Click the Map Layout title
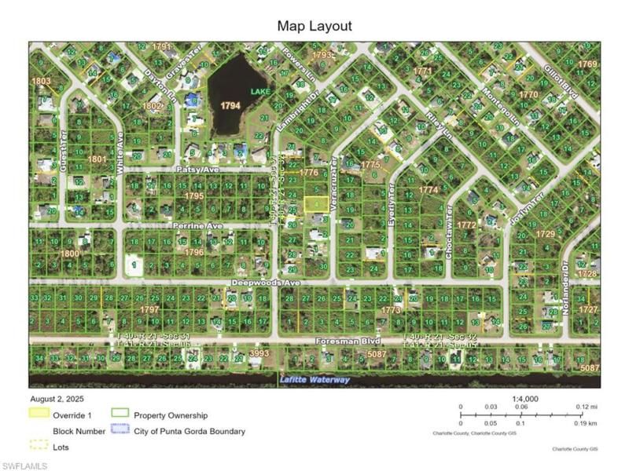314,26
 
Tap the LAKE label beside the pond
259,92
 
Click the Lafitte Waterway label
314,381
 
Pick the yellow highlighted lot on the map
316,203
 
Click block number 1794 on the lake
230,105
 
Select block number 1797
149,311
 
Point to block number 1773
391,311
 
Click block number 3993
259,354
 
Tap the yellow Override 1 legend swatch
39,414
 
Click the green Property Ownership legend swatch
120,414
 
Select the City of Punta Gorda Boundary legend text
189,431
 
